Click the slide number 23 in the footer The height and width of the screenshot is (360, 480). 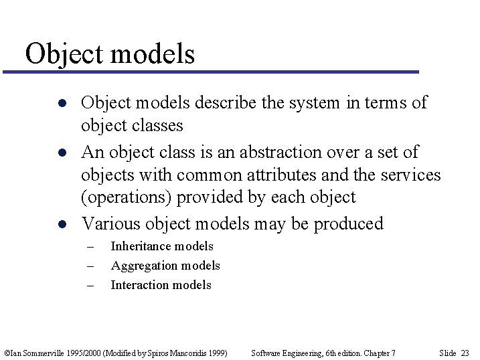[465, 353]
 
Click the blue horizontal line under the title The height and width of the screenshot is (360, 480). [214, 72]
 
